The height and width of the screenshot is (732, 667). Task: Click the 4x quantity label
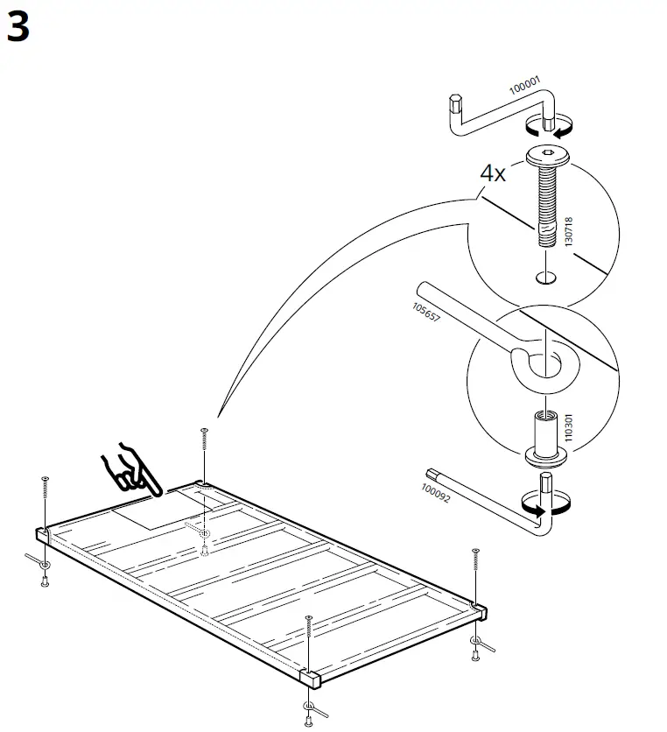coord(493,172)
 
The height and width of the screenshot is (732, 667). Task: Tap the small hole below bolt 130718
coord(545,278)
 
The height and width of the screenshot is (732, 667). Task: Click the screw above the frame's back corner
coord(204,437)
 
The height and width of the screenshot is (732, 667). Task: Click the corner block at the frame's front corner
coord(312,679)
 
